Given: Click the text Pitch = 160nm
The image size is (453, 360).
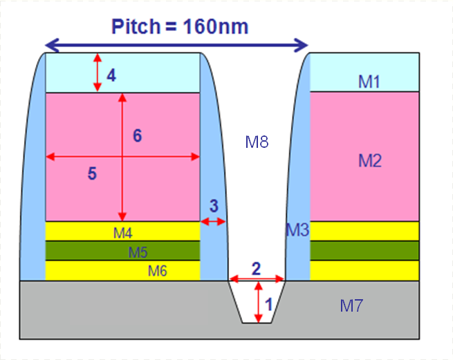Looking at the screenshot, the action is [x=180, y=26].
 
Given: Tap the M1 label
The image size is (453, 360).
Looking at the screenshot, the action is [x=369, y=82].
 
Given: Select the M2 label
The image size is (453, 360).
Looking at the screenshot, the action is [x=370, y=160].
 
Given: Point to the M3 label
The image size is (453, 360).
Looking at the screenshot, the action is [x=297, y=230].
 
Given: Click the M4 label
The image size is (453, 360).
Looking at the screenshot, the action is [x=123, y=233].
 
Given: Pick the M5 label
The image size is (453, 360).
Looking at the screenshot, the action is [x=138, y=252].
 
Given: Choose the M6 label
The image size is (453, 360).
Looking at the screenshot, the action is [x=158, y=271].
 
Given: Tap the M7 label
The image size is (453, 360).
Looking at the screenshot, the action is [x=351, y=305].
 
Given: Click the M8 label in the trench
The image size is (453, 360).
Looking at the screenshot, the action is [x=257, y=142].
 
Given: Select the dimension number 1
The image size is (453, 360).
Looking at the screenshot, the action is [x=269, y=304].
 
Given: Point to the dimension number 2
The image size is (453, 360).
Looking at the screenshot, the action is [x=257, y=269].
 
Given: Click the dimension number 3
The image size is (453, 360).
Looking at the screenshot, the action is [x=214, y=206].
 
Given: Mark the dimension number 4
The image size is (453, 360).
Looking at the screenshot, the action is [x=111, y=75].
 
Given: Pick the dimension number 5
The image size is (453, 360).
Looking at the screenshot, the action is [x=92, y=173].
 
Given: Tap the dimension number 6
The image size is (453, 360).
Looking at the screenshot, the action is [x=138, y=135].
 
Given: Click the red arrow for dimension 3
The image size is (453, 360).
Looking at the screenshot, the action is [x=213, y=222].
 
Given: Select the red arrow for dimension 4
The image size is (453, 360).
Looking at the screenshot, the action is [x=98, y=73].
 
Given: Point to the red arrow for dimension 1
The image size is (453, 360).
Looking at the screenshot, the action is [x=259, y=302].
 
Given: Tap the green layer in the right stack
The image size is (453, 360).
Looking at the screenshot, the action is [x=364, y=251].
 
